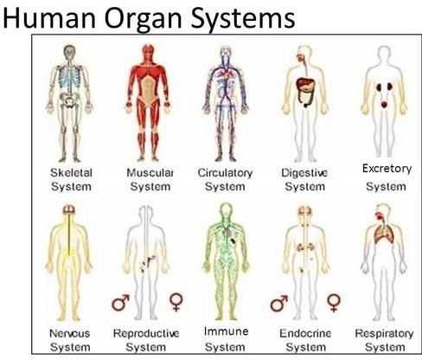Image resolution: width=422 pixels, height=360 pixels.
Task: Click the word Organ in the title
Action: (143, 19)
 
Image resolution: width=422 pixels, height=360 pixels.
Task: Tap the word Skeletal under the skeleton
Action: (71, 173)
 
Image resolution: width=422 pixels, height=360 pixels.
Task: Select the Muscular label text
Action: (150, 173)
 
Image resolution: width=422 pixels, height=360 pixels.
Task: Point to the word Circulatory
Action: (225, 173)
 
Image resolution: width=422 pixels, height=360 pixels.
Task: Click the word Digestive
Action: (304, 173)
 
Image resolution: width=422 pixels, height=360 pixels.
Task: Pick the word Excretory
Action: (387, 169)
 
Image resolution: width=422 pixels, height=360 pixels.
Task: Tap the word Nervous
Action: (70, 333)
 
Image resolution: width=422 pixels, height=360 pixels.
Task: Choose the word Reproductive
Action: (146, 334)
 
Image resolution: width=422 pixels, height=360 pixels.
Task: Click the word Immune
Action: (227, 331)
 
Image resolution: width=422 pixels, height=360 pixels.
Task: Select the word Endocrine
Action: (305, 333)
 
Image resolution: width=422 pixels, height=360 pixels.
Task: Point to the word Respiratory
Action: (384, 334)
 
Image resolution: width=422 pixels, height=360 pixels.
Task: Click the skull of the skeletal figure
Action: (70, 53)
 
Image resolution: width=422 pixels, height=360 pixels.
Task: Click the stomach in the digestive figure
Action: (306, 85)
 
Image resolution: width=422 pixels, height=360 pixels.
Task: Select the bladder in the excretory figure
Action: (384, 105)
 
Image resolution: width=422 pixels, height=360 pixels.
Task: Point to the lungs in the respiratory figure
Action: (384, 234)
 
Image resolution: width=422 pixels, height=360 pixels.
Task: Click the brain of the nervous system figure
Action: (69, 209)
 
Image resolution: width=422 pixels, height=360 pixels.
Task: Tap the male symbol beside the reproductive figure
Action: (120, 303)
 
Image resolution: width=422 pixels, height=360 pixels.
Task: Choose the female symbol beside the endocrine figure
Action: (334, 303)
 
